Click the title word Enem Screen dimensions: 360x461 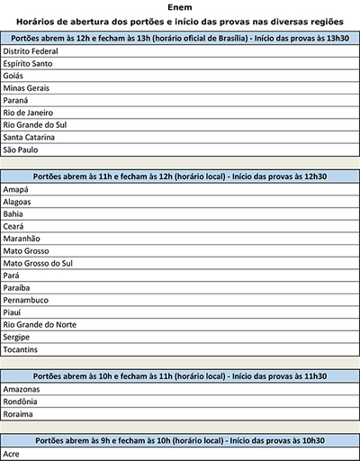pos(180,6)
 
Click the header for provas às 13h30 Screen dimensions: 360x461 pos(180,39)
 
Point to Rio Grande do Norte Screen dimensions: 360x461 pos(37,323)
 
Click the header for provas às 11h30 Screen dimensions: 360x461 pos(180,375)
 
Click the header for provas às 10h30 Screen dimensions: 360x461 pos(180,441)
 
